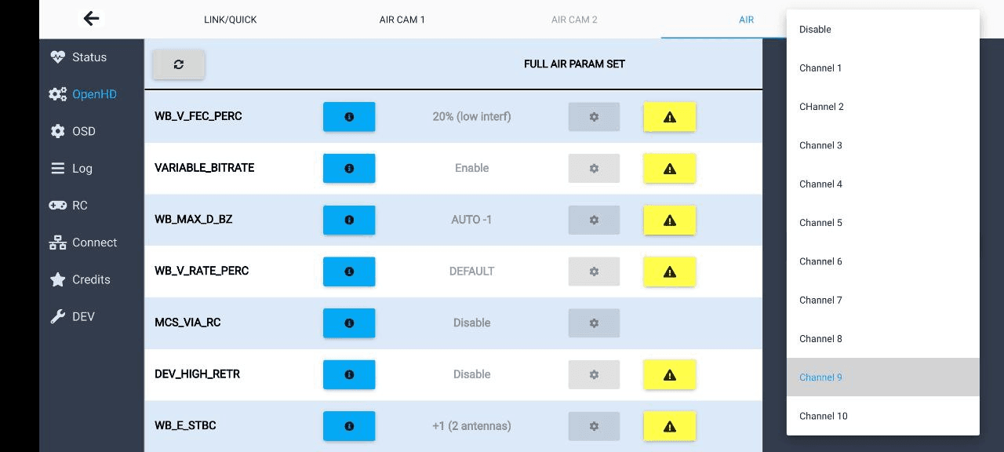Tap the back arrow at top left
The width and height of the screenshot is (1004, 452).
click(x=92, y=19)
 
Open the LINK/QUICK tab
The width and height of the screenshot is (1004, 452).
click(x=231, y=20)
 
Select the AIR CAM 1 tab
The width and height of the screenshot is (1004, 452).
click(x=402, y=20)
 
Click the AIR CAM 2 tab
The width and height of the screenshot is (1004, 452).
click(x=574, y=20)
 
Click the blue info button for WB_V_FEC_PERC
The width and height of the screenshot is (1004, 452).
click(x=349, y=117)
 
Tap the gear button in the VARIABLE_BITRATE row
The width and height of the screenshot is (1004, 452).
click(x=594, y=168)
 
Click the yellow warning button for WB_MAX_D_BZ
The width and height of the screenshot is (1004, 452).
click(x=669, y=220)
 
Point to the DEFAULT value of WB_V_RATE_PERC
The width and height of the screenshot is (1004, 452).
click(x=471, y=272)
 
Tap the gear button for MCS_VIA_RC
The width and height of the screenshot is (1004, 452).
click(x=594, y=323)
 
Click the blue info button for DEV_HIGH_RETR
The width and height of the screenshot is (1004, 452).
click(x=349, y=374)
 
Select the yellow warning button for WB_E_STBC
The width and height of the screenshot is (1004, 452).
click(x=669, y=426)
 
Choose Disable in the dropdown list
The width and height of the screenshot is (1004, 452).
click(x=815, y=30)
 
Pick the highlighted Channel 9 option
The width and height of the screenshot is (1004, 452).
click(x=820, y=377)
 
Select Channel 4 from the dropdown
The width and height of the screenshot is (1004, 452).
click(x=820, y=184)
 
